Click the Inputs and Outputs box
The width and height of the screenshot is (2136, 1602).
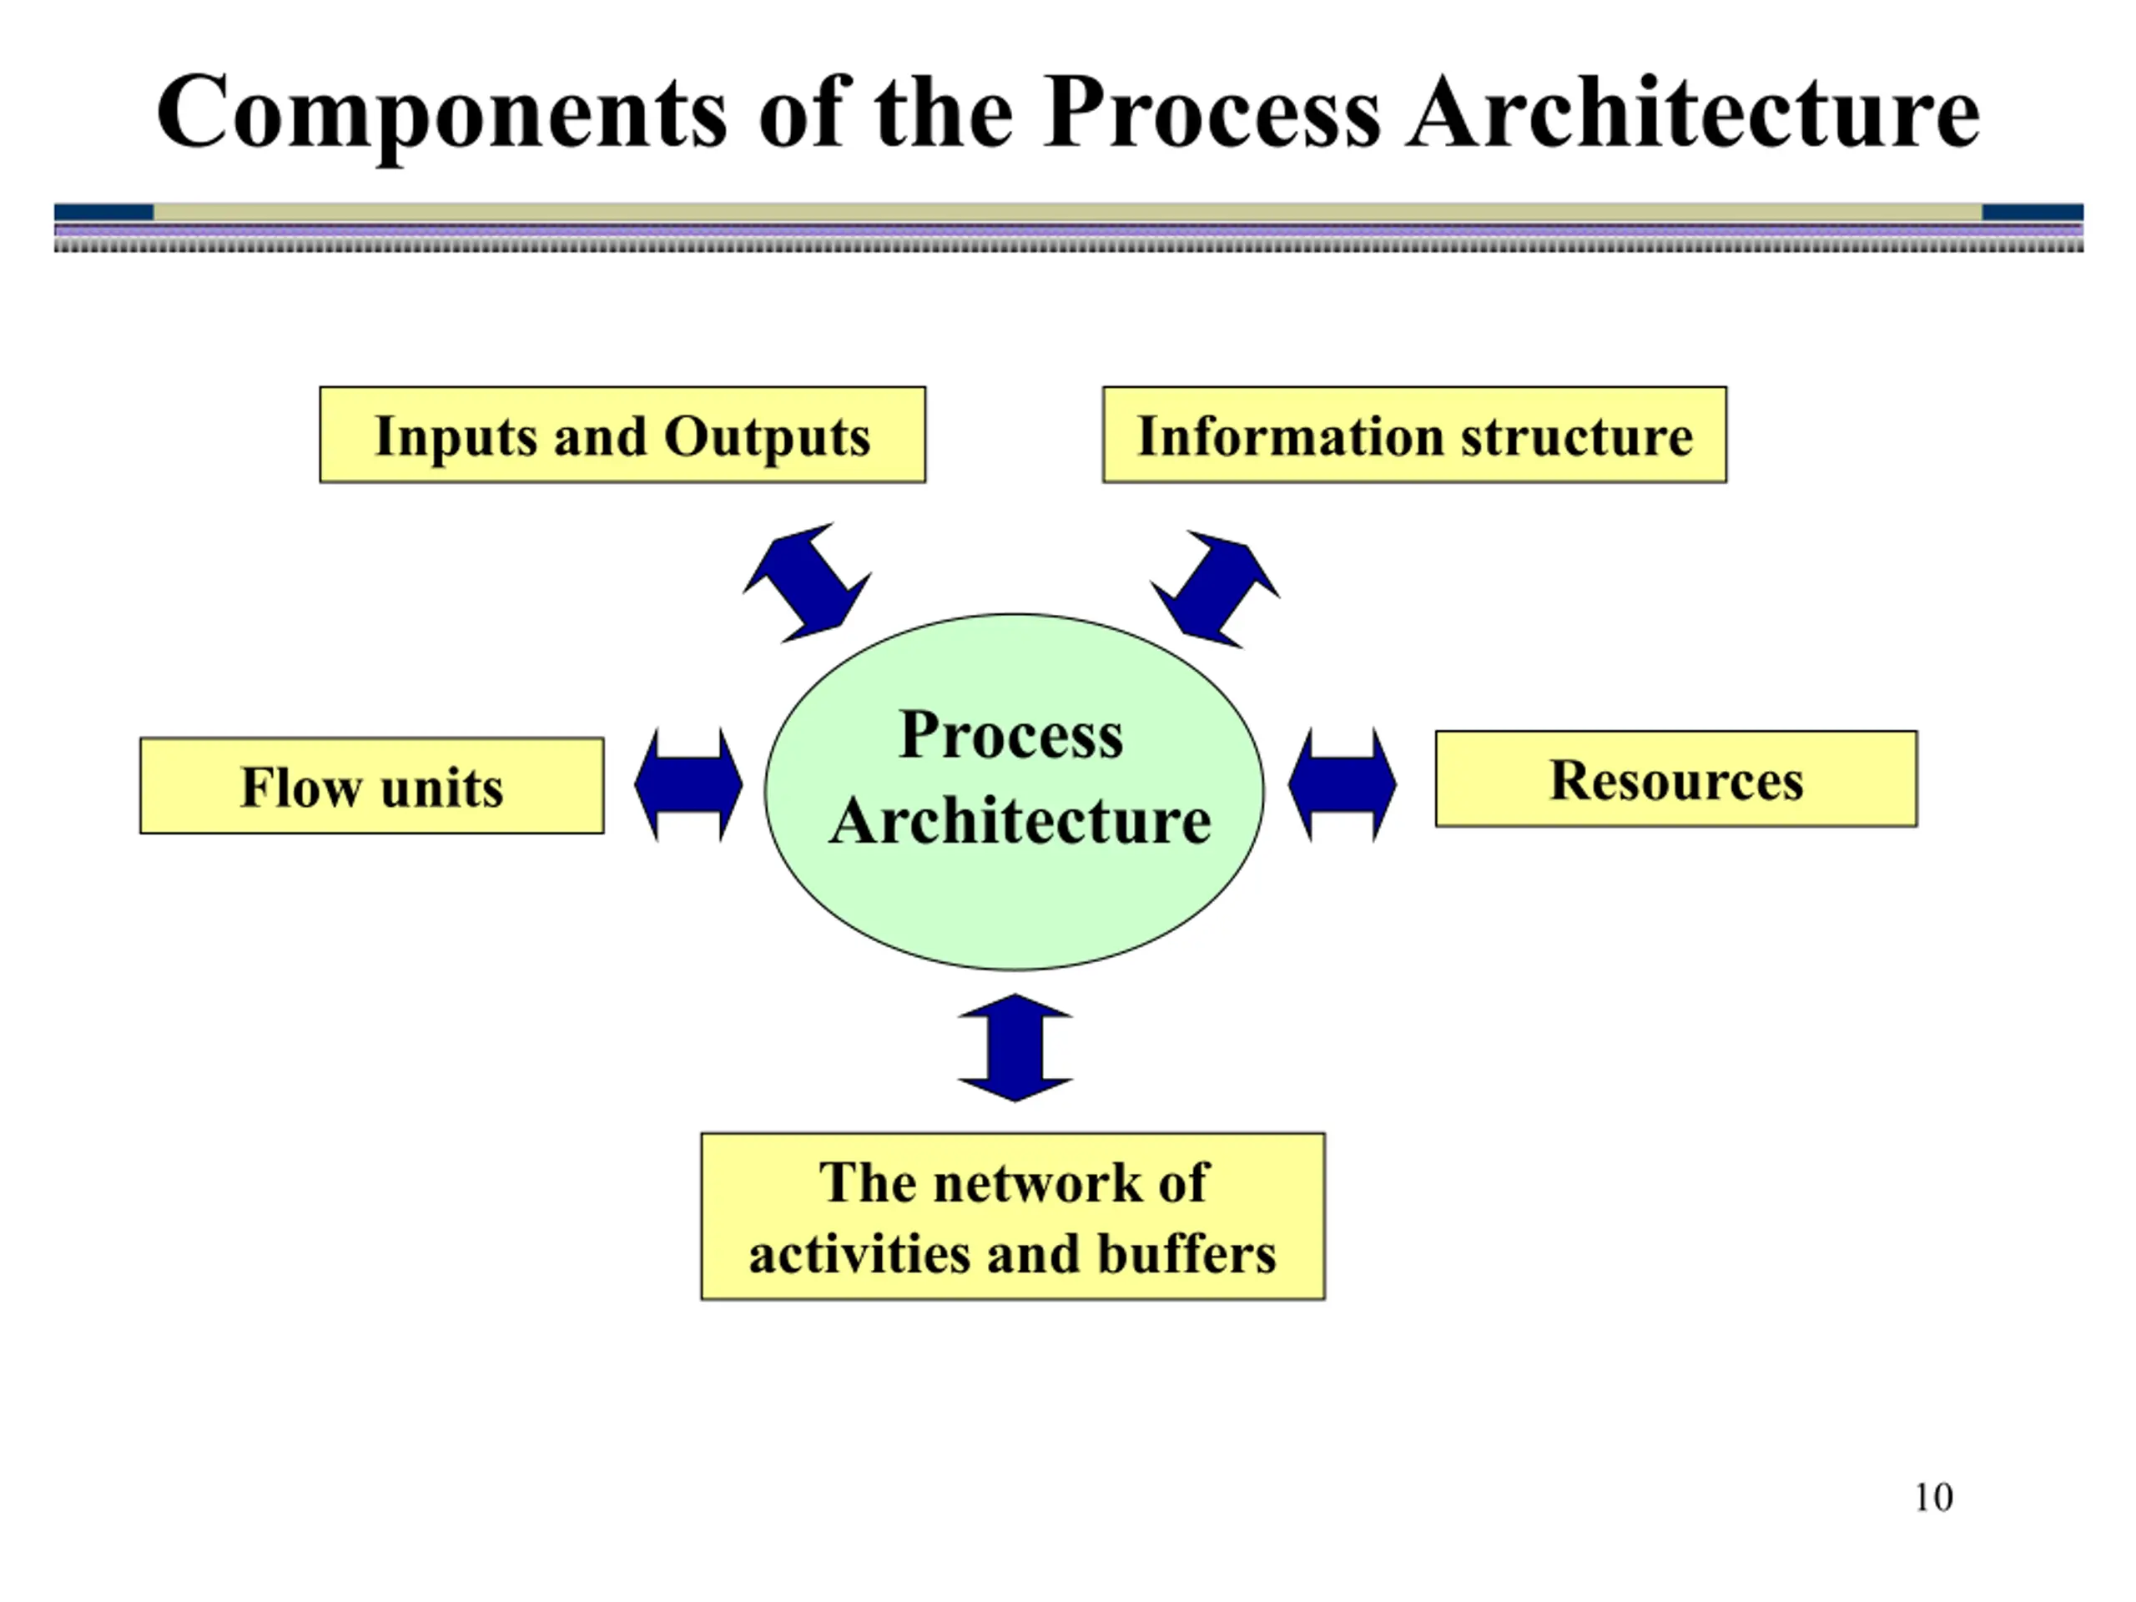click(x=622, y=435)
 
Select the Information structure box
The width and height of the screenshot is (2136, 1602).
click(x=1414, y=435)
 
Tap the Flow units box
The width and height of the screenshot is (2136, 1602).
click(x=372, y=785)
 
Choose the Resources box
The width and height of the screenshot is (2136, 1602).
click(x=1676, y=778)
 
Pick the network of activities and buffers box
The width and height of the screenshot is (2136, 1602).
click(x=1013, y=1216)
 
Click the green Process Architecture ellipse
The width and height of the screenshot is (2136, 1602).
click(x=1014, y=792)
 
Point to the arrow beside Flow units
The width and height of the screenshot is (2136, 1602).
click(x=688, y=785)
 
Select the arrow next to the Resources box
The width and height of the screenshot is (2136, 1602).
click(x=1343, y=785)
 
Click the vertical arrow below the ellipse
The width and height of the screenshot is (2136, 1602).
click(x=1015, y=1048)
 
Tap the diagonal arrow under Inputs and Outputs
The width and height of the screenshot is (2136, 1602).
click(x=809, y=582)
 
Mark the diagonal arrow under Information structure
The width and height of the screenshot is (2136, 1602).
click(x=1215, y=589)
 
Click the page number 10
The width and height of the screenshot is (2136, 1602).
click(x=1933, y=1498)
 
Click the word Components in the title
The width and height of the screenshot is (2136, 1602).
click(x=442, y=114)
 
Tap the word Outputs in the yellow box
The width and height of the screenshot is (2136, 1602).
click(x=767, y=436)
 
